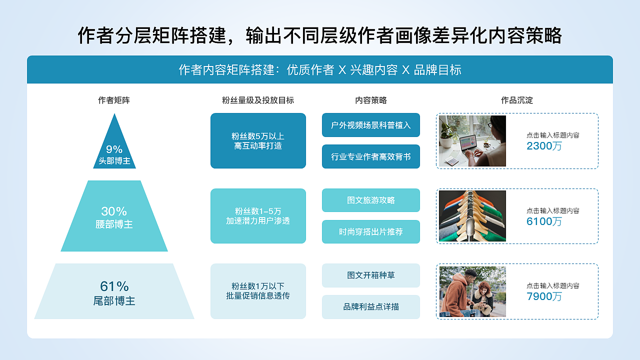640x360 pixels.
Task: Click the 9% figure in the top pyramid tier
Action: coord(114,149)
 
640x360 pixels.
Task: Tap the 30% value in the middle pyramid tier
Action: coord(114,211)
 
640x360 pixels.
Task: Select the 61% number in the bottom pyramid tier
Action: coord(114,286)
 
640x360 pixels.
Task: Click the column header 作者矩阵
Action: coord(114,100)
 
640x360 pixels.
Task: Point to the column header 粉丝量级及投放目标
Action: coord(258,100)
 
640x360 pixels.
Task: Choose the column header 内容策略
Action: coord(371,100)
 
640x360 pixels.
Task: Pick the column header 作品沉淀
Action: coord(517,100)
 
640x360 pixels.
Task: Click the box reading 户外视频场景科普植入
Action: coord(371,125)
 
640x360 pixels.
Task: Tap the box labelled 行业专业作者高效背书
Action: coord(371,156)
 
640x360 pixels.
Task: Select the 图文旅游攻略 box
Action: coord(371,200)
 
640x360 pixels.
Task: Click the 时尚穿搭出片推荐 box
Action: coord(371,232)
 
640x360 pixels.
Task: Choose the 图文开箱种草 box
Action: coord(371,275)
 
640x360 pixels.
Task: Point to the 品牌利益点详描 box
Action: coord(371,307)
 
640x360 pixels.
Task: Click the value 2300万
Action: coord(544,146)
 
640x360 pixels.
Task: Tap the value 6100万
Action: coord(544,221)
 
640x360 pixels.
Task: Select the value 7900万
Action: coord(544,296)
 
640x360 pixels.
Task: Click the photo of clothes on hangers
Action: coord(472,216)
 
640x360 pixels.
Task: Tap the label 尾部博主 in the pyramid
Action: coord(114,301)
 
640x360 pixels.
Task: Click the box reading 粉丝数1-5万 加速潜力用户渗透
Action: coord(258,216)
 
